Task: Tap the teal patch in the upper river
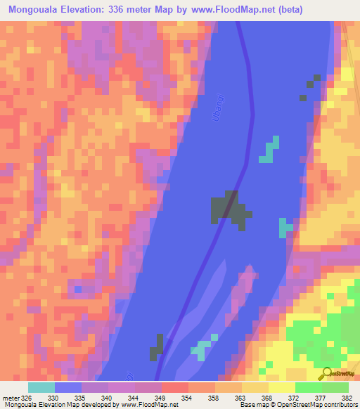tap(269, 150)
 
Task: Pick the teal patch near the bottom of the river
tap(202, 349)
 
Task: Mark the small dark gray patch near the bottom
tap(157, 348)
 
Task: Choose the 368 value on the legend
tap(266, 398)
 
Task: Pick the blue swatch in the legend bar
tap(68, 387)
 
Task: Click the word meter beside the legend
tap(9, 398)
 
